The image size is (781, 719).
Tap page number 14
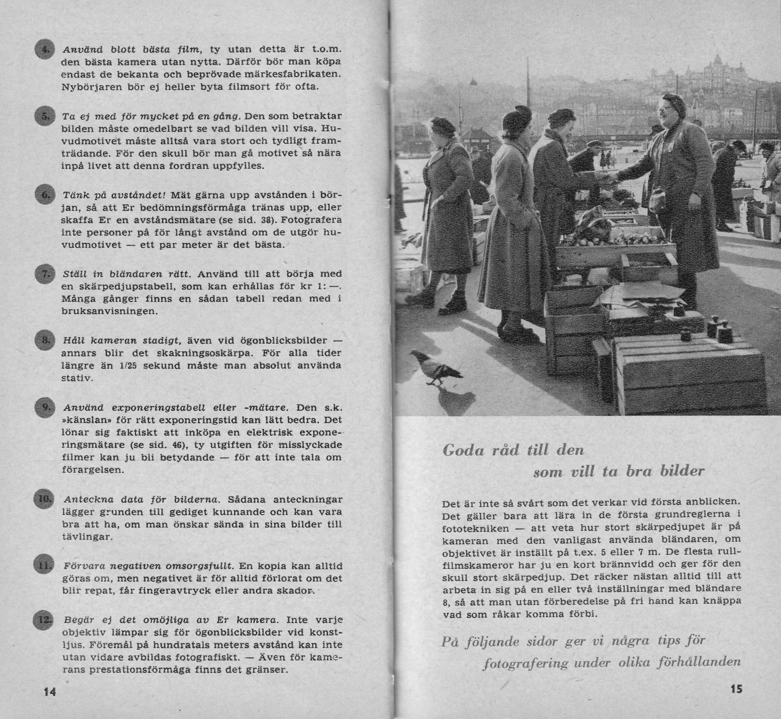(50, 691)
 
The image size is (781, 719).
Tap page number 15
(736, 689)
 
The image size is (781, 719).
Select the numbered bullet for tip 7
(44, 274)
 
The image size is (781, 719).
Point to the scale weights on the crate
(718, 329)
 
